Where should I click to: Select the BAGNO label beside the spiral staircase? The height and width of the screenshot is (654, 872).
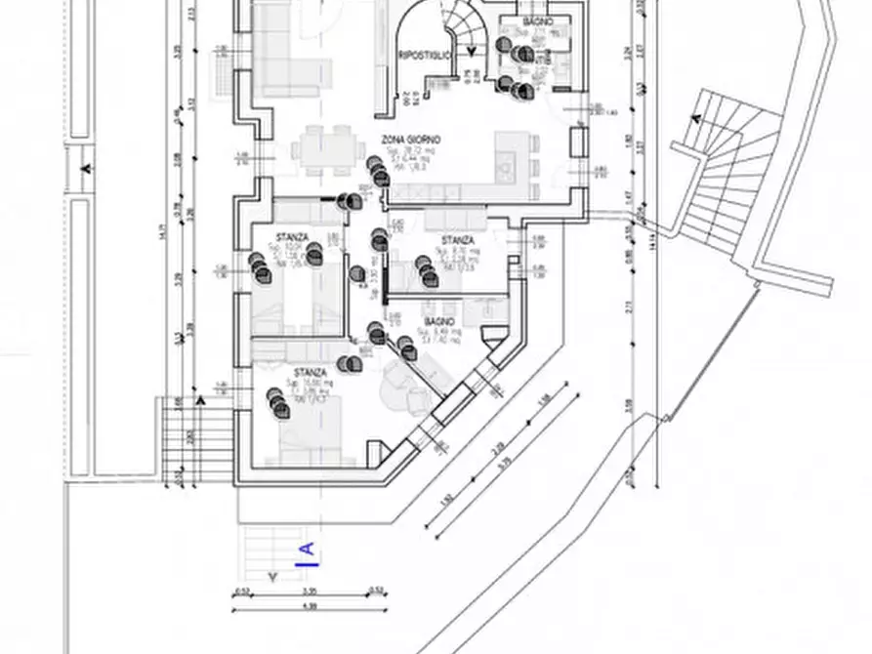coord(537,21)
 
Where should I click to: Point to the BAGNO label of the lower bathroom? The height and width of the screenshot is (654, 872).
coord(439,321)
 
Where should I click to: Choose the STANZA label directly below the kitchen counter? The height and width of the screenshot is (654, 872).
coord(458,240)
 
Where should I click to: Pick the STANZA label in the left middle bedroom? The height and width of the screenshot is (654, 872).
coord(292,237)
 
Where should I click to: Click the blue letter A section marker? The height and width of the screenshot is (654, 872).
coord(307,553)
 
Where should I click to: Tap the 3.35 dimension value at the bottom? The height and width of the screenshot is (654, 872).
coord(310,592)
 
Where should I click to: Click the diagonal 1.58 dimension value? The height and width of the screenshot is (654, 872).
coord(544,399)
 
